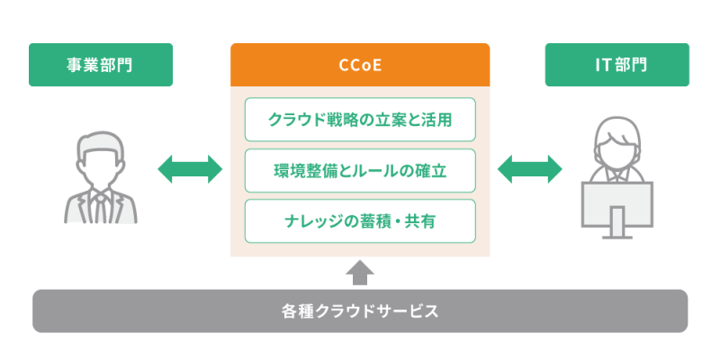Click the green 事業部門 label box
[100, 65]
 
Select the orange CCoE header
[360, 65]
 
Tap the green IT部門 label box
[616, 65]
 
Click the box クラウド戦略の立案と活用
[360, 120]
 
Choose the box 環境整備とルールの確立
[360, 169]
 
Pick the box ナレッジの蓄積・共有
[360, 220]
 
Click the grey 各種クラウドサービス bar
[360, 311]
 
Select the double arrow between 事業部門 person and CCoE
[190, 168]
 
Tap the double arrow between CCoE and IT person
[529, 168]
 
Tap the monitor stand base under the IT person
[617, 236]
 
